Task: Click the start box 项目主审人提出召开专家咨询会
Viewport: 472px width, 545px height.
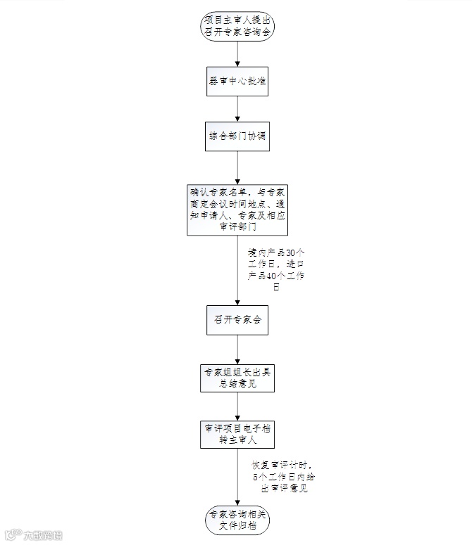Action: click(237, 25)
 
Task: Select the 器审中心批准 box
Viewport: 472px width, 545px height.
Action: click(237, 82)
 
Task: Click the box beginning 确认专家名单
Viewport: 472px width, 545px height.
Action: click(237, 209)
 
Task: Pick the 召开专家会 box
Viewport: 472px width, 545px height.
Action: click(237, 319)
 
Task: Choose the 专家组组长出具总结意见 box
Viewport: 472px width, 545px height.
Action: click(237, 378)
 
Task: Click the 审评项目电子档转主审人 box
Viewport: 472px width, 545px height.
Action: click(237, 434)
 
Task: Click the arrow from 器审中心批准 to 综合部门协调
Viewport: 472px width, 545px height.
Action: click(237, 110)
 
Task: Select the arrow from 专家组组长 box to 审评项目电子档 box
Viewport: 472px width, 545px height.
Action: click(237, 406)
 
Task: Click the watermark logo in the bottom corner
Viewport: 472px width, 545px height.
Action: click(32, 534)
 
